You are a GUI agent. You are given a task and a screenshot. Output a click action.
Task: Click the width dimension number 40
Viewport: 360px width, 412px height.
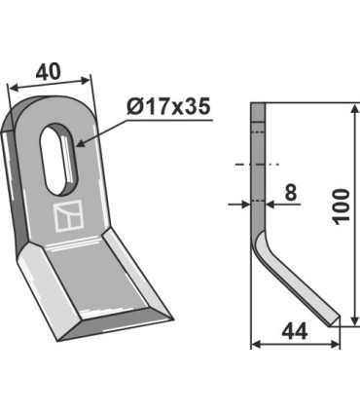click(48, 72)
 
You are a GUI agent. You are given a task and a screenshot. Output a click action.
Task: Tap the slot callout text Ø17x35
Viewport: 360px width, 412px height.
click(168, 106)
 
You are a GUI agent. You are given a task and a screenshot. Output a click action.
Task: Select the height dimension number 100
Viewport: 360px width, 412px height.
click(342, 206)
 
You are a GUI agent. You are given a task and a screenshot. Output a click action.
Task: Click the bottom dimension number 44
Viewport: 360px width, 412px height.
click(295, 332)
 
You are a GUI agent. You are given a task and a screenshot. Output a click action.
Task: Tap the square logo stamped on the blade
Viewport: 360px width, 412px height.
click(68, 215)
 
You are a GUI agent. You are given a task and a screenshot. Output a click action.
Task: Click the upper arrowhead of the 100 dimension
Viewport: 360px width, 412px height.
click(355, 110)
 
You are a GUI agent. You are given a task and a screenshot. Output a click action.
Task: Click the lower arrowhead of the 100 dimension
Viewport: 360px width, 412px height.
click(355, 319)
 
